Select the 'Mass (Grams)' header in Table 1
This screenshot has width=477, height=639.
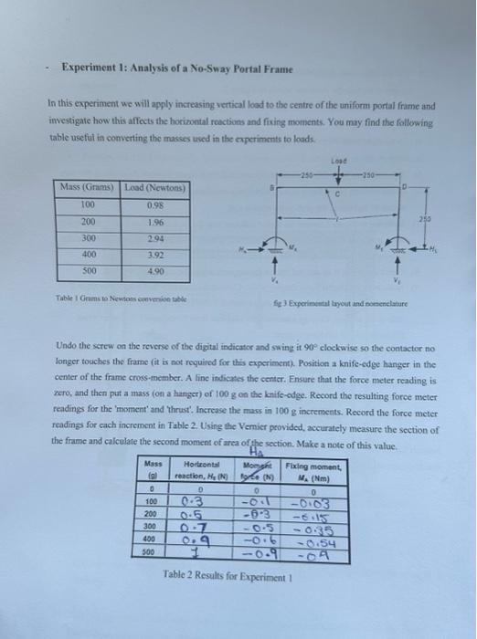89,187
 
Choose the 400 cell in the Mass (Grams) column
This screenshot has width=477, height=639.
89,255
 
